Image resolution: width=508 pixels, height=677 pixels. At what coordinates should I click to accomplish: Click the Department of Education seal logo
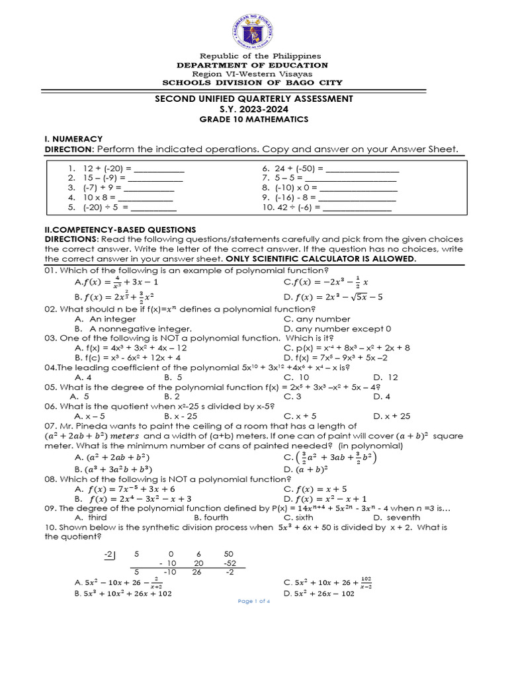click(255, 25)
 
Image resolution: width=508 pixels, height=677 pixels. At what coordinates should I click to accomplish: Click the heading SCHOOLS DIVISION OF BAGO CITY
click(255, 83)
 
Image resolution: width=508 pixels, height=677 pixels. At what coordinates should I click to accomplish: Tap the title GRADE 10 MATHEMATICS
click(255, 119)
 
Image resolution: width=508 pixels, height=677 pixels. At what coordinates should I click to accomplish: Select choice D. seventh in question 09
click(396, 518)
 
